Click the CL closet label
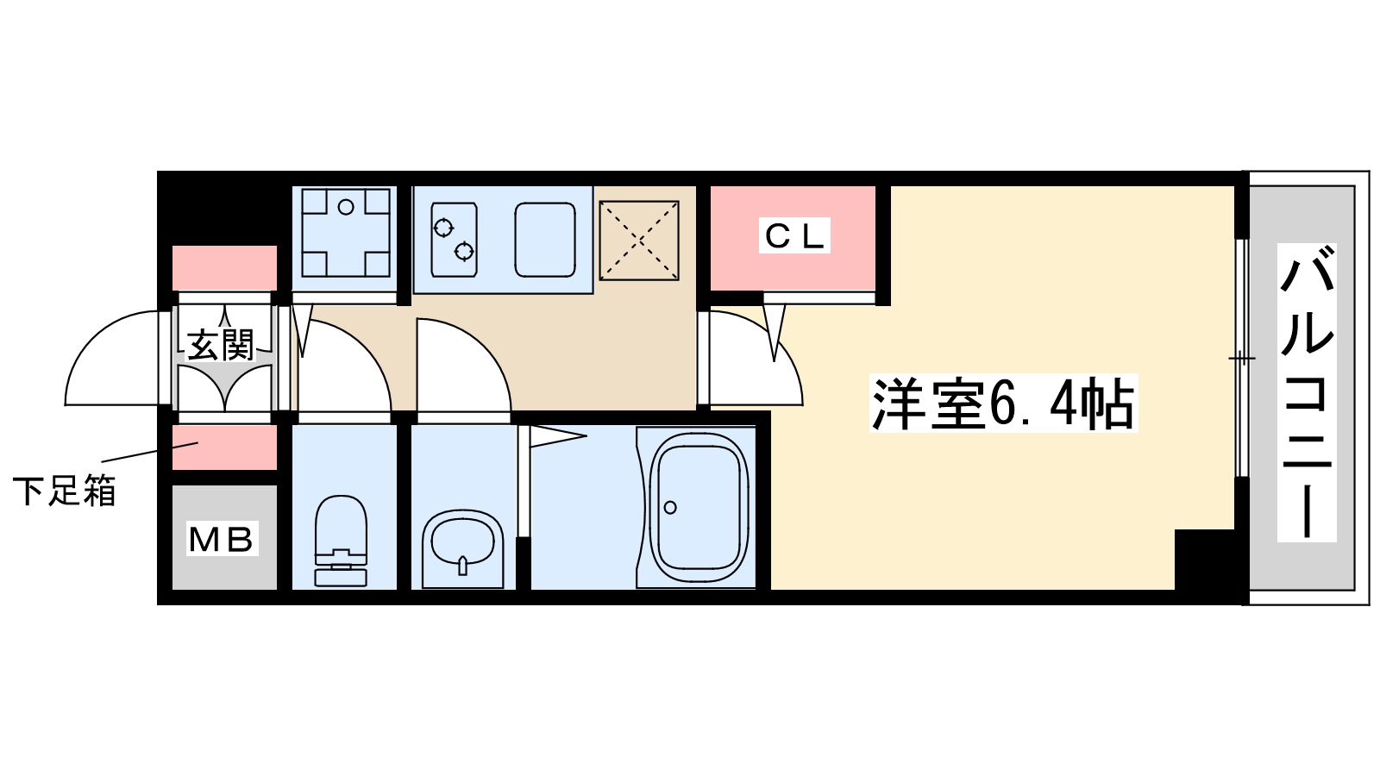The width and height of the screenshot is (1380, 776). click(x=793, y=235)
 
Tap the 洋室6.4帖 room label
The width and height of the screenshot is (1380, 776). click(x=1003, y=404)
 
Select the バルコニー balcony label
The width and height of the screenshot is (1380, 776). click(x=1307, y=392)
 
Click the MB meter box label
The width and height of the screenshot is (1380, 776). click(x=223, y=540)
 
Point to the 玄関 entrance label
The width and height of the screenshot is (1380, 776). click(x=222, y=346)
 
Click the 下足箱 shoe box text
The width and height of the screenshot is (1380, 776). click(x=65, y=491)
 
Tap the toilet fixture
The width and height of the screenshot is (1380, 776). click(x=342, y=541)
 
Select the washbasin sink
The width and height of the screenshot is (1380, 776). click(x=463, y=545)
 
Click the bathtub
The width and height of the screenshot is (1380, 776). click(x=698, y=509)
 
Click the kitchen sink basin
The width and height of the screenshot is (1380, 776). click(x=545, y=240)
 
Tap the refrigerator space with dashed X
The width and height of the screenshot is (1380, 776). click(x=639, y=241)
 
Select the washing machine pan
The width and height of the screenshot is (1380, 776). click(x=345, y=233)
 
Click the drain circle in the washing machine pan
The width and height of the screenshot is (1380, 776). click(x=346, y=207)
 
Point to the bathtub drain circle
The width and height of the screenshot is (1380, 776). click(x=670, y=507)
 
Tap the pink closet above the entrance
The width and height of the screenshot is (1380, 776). click(x=224, y=267)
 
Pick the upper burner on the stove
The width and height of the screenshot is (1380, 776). click(x=443, y=228)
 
